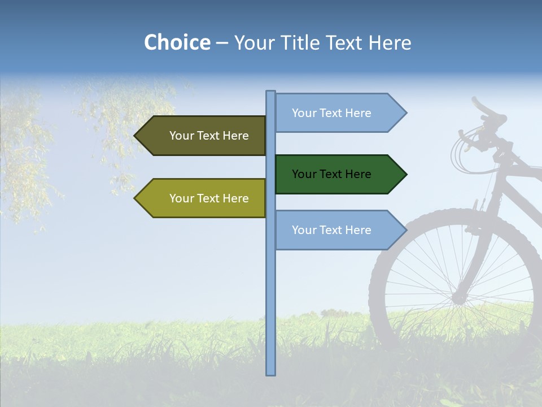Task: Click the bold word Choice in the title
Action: pyautogui.click(x=177, y=42)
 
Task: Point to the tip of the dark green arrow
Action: pyautogui.click(x=405, y=174)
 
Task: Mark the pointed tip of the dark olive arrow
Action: pyautogui.click(x=135, y=136)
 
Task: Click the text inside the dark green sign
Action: pyautogui.click(x=331, y=174)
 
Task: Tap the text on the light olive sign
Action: pyautogui.click(x=209, y=198)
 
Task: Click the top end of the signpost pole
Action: pyautogui.click(x=270, y=92)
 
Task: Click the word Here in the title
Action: pyautogui.click(x=390, y=43)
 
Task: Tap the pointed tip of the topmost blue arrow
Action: pyautogui.click(x=405, y=113)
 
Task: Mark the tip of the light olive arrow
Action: pyautogui.click(x=135, y=198)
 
